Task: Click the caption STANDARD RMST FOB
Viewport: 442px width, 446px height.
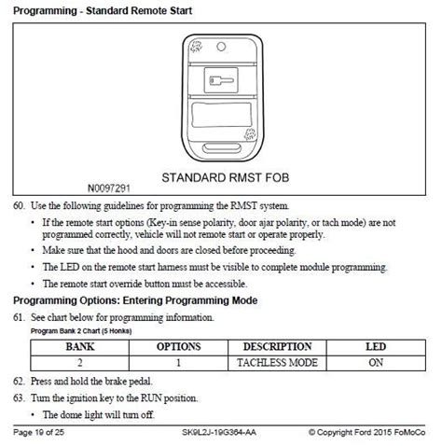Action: [222, 175]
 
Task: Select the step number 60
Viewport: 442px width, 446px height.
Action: [20, 204]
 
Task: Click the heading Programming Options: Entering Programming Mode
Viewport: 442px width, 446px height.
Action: [136, 300]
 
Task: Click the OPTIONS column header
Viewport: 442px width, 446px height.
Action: [178, 346]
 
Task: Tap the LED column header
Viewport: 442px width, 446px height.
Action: [374, 346]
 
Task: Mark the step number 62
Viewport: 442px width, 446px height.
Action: [20, 383]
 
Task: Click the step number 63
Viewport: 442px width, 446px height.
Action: [20, 398]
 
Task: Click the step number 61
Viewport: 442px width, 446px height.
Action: [20, 317]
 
